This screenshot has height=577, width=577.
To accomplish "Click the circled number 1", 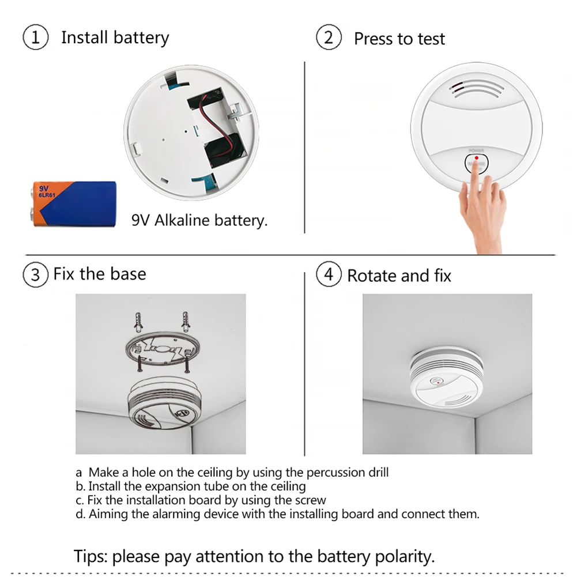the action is tap(35, 37).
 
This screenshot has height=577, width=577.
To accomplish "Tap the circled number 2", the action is tap(329, 37).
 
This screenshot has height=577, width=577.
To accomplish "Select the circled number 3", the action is tap(35, 274).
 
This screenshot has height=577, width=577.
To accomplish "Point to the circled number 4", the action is tap(329, 274).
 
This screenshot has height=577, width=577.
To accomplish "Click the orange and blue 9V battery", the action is tap(74, 203).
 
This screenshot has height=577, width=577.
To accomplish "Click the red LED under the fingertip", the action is tap(476, 158).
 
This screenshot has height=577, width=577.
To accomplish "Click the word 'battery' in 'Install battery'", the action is tap(141, 38).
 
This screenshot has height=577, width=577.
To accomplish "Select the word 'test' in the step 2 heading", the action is tap(431, 39).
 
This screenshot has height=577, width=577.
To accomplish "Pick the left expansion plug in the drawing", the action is tap(138, 322).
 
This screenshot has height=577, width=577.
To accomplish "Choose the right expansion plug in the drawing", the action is tap(186, 321).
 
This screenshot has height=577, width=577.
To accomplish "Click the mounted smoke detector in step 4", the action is tap(446, 378).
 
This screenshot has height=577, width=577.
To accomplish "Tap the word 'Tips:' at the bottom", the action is tap(90, 556).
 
